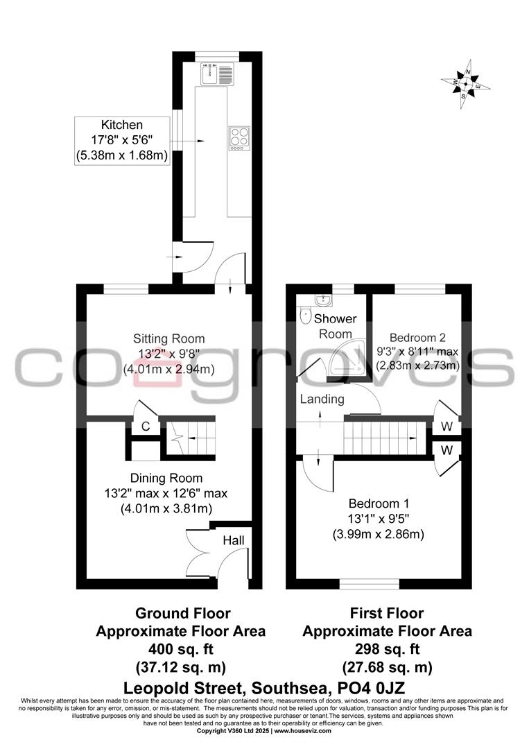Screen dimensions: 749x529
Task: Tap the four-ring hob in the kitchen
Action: coord(239,137)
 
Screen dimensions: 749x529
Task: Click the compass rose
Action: coord(467,84)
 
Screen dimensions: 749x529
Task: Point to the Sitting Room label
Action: coord(169,338)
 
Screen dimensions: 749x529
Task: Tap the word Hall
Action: coord(233,540)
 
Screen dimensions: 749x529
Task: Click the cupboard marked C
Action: coord(146,427)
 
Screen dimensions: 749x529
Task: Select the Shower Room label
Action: coord(336,326)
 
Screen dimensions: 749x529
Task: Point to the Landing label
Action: coord(322,399)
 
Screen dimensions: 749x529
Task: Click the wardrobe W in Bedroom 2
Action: coord(446,426)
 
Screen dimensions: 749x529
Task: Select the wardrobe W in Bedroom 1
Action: coord(446,450)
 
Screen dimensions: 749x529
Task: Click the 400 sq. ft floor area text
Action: coord(180,649)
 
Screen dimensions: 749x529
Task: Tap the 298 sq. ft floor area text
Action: coord(388,649)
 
